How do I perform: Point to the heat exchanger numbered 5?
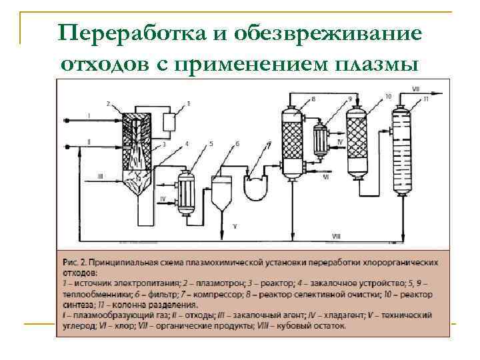click(x=185, y=193)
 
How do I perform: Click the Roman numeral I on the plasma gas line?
click(x=89, y=116)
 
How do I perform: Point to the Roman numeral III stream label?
click(x=99, y=176)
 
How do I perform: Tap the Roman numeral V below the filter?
click(x=234, y=227)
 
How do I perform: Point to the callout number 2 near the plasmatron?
click(x=108, y=103)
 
